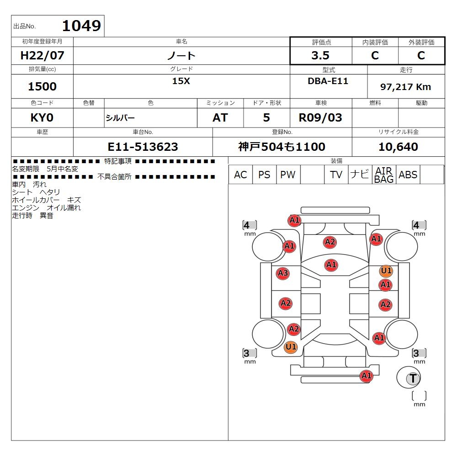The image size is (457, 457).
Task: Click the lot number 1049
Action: (82, 26)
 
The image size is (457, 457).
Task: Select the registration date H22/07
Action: (42, 55)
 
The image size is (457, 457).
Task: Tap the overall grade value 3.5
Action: (320, 55)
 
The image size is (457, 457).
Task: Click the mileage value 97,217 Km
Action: (405, 87)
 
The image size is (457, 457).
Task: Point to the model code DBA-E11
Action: (328, 81)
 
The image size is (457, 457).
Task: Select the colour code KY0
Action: (42, 118)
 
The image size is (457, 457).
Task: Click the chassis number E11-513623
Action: (143, 147)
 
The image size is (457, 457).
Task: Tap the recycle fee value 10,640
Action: (398, 147)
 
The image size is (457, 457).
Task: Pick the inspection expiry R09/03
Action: (320, 118)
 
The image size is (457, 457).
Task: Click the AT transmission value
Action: (220, 118)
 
